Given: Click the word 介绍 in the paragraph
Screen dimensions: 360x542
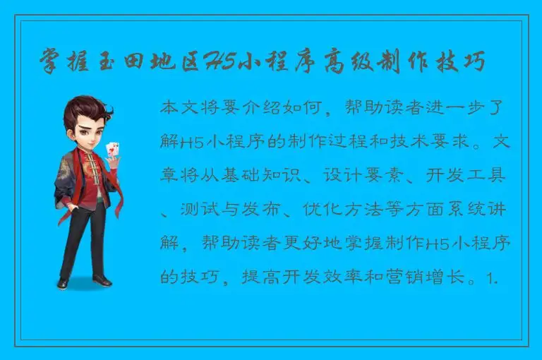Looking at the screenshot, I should [x=271, y=108].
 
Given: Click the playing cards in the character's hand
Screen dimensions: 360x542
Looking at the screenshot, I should [x=112, y=150].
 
